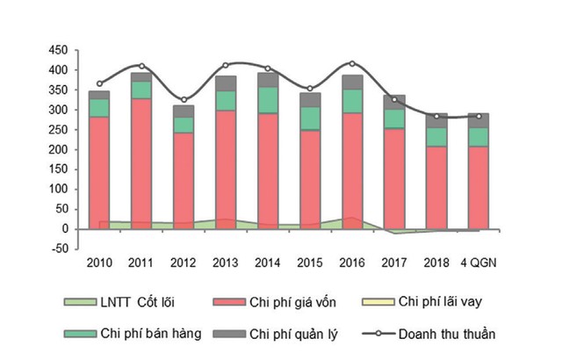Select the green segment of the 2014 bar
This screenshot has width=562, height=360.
tap(268, 99)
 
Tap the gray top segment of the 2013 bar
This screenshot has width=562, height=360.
tap(226, 83)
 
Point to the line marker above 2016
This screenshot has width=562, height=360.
tap(352, 63)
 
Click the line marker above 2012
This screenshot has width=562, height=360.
tap(184, 100)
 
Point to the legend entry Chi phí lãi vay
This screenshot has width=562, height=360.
tap(447, 302)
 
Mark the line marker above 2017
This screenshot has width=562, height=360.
tap(394, 99)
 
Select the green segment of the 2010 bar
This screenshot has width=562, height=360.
tap(99, 107)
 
